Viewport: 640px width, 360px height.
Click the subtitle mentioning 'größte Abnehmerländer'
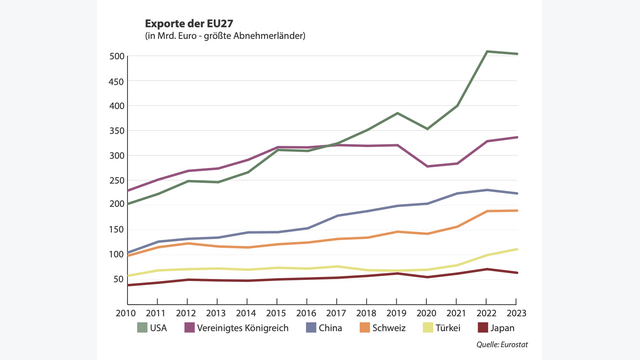(225, 36)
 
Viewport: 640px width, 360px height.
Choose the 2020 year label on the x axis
(428, 313)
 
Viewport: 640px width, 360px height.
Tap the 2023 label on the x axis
(516, 313)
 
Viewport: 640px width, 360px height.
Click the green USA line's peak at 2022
(487, 51)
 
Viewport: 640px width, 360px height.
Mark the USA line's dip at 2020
(428, 129)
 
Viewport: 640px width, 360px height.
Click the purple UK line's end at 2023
(517, 137)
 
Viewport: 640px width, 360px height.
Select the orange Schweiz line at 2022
(487, 211)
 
